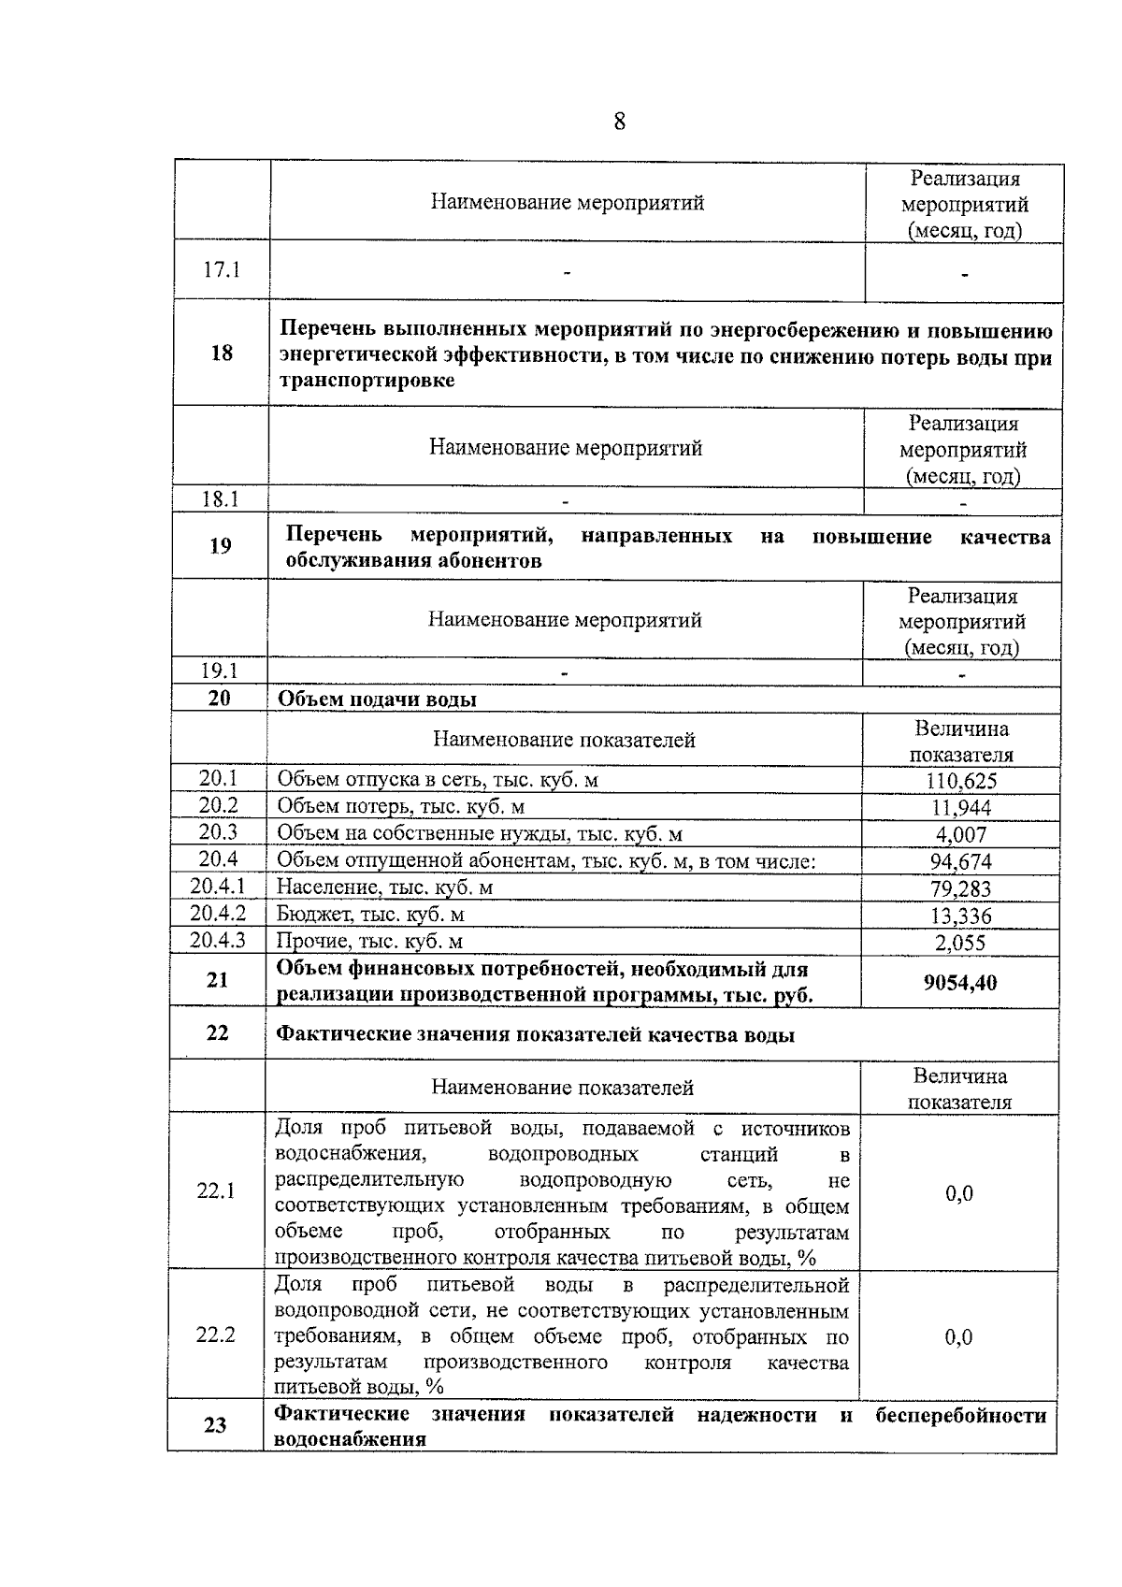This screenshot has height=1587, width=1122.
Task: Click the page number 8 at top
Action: [619, 122]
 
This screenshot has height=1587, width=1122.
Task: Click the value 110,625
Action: [962, 781]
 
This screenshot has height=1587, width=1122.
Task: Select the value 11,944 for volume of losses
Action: [962, 807]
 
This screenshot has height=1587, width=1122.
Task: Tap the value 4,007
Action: [961, 834]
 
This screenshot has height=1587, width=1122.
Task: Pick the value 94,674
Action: [961, 861]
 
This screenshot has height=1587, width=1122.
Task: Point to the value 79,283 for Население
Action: [961, 888]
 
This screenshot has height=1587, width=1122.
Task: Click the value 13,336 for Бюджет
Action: [961, 916]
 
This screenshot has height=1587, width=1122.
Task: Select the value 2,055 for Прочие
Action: [961, 943]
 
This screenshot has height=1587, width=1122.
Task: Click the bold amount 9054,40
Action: [960, 982]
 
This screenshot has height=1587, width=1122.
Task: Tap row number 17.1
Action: [222, 270]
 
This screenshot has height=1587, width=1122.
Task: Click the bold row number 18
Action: [222, 353]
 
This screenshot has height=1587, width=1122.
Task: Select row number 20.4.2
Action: [218, 914]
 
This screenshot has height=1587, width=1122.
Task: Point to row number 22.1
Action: [216, 1191]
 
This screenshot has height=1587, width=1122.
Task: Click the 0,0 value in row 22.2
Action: [959, 1337]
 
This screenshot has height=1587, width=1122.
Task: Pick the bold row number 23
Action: [215, 1425]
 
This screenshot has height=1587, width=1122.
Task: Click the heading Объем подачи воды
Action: [377, 700]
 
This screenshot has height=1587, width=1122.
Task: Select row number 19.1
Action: [220, 671]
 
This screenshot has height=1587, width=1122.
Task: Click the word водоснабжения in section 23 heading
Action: [350, 1440]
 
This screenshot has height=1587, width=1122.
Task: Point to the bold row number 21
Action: [217, 980]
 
